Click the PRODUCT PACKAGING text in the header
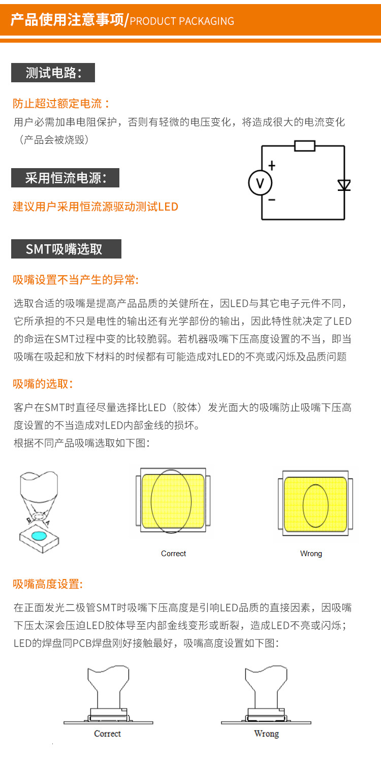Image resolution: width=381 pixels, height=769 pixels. pyautogui.click(x=182, y=21)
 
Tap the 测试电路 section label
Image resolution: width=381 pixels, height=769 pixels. pyautogui.click(x=53, y=73)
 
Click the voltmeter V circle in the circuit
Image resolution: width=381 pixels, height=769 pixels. pyautogui.click(x=260, y=183)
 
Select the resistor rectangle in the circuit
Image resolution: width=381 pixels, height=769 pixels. pyautogui.click(x=305, y=146)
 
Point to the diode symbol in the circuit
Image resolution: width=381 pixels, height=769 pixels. pyautogui.click(x=344, y=185)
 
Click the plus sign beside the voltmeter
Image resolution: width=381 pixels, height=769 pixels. pyautogui.click(x=272, y=166)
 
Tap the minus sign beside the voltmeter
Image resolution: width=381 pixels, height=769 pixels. pyautogui.click(x=272, y=200)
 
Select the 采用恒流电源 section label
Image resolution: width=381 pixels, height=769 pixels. pyautogui.click(x=66, y=178)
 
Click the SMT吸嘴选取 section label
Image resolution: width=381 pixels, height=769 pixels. pyautogui.click(x=66, y=249)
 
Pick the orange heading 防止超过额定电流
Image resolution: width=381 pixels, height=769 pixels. pyautogui.click(x=61, y=104)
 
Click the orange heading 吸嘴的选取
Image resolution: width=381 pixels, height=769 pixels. pyautogui.click(x=43, y=383)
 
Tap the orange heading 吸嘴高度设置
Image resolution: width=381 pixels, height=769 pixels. pyautogui.click(x=48, y=584)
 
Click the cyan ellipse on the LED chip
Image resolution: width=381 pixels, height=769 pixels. pyautogui.click(x=39, y=535)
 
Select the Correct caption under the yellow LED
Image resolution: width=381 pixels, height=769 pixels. pyautogui.click(x=174, y=554)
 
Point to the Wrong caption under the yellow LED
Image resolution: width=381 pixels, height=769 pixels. pyautogui.click(x=311, y=554)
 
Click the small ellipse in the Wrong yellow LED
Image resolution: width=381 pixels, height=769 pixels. pyautogui.click(x=315, y=505)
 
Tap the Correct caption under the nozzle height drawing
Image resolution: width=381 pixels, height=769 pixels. pyautogui.click(x=107, y=733)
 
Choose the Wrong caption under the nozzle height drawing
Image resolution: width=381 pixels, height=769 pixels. pyautogui.click(x=266, y=733)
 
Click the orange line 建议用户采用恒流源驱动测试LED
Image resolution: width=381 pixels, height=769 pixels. pyautogui.click(x=96, y=207)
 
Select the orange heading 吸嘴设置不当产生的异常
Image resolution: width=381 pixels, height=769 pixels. pyautogui.click(x=76, y=280)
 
